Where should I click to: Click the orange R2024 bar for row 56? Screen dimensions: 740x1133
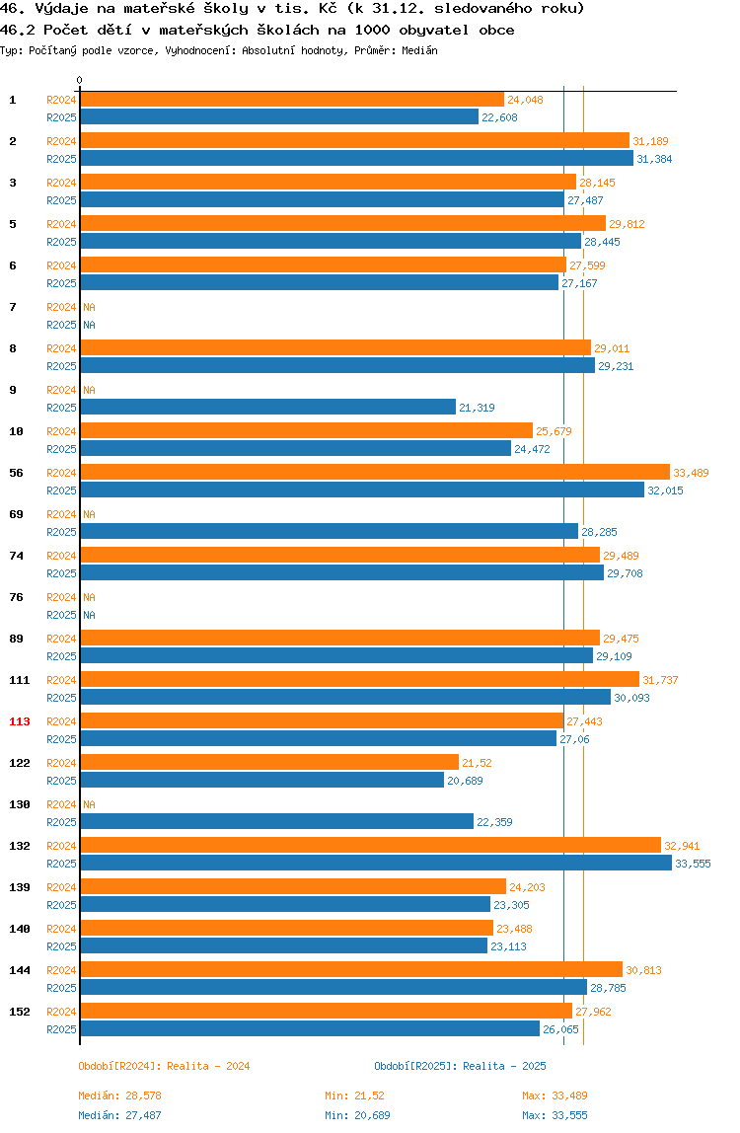(x=375, y=473)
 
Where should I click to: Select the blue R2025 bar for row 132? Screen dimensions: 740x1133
(x=376, y=864)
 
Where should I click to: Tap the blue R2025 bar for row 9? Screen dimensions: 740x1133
(x=268, y=408)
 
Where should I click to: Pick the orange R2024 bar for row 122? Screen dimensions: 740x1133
(x=269, y=763)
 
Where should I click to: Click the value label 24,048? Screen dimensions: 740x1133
(x=525, y=100)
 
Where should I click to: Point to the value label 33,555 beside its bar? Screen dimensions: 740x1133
(x=693, y=864)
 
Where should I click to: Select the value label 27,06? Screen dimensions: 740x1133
(x=574, y=739)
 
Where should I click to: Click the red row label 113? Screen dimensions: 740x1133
(x=20, y=721)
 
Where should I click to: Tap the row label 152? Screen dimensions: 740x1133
(x=20, y=1012)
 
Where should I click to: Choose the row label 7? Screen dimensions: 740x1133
(x=12, y=307)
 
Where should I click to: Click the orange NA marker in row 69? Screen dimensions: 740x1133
(x=89, y=514)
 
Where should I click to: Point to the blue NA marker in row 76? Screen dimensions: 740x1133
(x=89, y=615)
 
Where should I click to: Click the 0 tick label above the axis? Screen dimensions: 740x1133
(x=80, y=80)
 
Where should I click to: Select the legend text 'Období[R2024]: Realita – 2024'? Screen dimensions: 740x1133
(x=164, y=1066)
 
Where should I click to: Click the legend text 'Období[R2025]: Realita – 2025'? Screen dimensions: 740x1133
(x=461, y=1066)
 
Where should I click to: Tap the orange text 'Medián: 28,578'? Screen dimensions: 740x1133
(x=120, y=1095)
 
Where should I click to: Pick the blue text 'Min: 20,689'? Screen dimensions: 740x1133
(x=358, y=1115)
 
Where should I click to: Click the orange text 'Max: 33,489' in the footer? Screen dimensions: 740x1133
(x=555, y=1095)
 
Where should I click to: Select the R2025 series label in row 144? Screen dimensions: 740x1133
(x=61, y=988)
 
